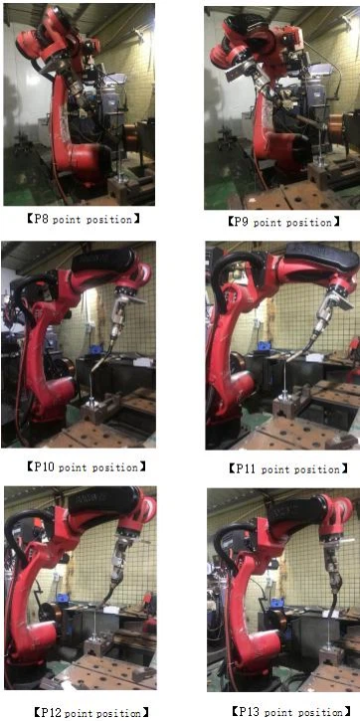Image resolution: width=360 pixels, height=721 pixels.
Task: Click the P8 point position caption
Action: click(x=83, y=220)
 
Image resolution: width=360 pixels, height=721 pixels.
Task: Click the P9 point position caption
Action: click(x=284, y=222)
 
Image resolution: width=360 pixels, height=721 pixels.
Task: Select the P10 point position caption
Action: click(x=87, y=467)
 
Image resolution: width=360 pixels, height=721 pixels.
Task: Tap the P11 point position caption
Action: click(x=287, y=469)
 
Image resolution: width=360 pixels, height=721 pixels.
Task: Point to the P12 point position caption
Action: click(x=91, y=713)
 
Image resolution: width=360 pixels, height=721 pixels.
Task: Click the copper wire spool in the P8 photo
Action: click(x=132, y=137)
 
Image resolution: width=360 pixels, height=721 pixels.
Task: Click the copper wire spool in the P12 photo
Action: click(x=51, y=616)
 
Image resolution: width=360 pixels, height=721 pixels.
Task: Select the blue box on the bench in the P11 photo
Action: click(x=264, y=345)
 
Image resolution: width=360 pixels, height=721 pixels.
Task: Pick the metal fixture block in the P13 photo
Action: click(x=330, y=654)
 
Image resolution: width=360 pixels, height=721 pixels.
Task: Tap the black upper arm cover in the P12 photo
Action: click(x=104, y=500)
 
